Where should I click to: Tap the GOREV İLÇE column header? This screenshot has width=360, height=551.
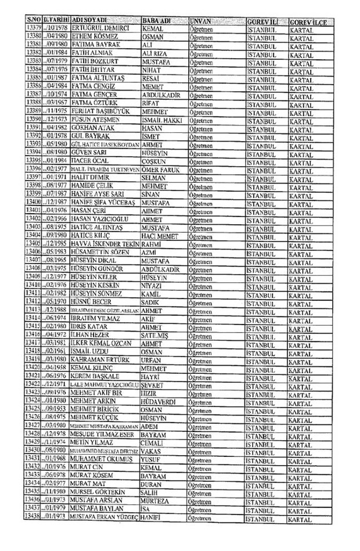coord(307,21)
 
